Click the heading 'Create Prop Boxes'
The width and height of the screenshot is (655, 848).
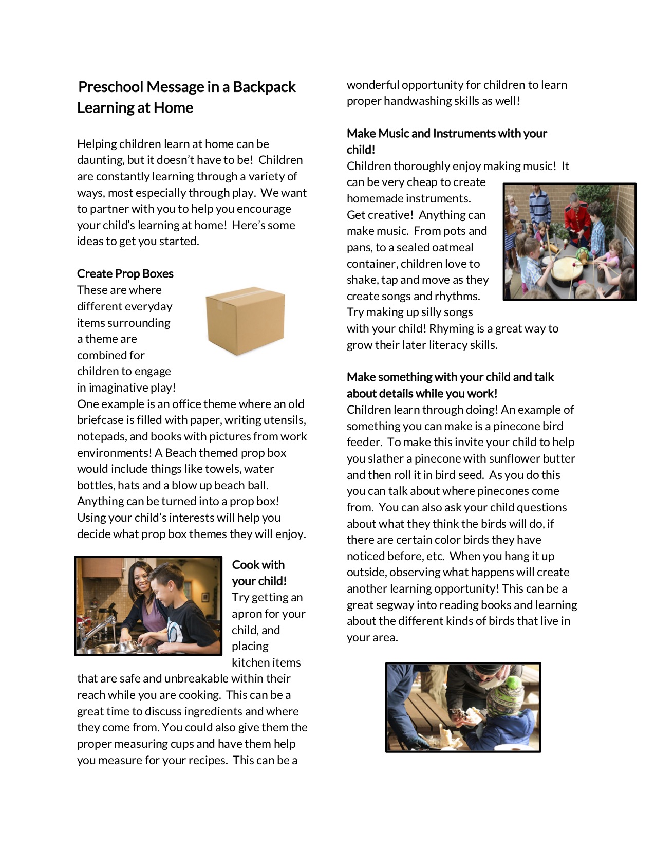125,273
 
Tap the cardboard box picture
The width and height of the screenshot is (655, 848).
245,320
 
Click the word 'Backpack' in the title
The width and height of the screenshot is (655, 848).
264,87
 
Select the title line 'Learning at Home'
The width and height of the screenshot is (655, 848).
135,108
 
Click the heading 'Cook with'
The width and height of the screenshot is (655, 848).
258,565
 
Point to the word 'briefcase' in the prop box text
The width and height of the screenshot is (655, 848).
103,420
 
